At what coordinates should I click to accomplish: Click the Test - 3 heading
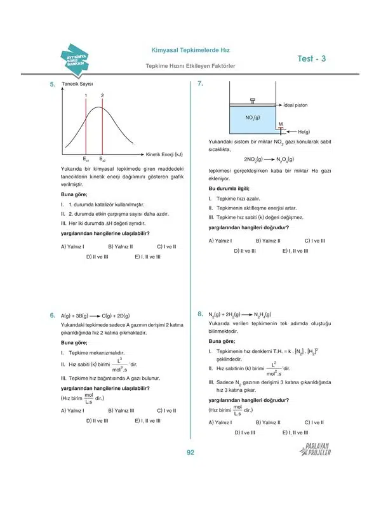coord(311,59)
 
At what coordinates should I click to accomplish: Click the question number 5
coord(53,84)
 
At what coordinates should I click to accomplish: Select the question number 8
coord(199,314)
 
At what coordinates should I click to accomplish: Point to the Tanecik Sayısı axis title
coord(77,84)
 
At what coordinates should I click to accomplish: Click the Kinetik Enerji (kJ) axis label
coord(164,154)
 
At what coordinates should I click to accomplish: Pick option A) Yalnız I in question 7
coord(220,241)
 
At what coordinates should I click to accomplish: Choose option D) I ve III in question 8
coord(245,432)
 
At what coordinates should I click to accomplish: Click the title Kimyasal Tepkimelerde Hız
coord(190,50)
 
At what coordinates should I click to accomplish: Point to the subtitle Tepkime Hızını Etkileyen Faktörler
coord(190,66)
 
